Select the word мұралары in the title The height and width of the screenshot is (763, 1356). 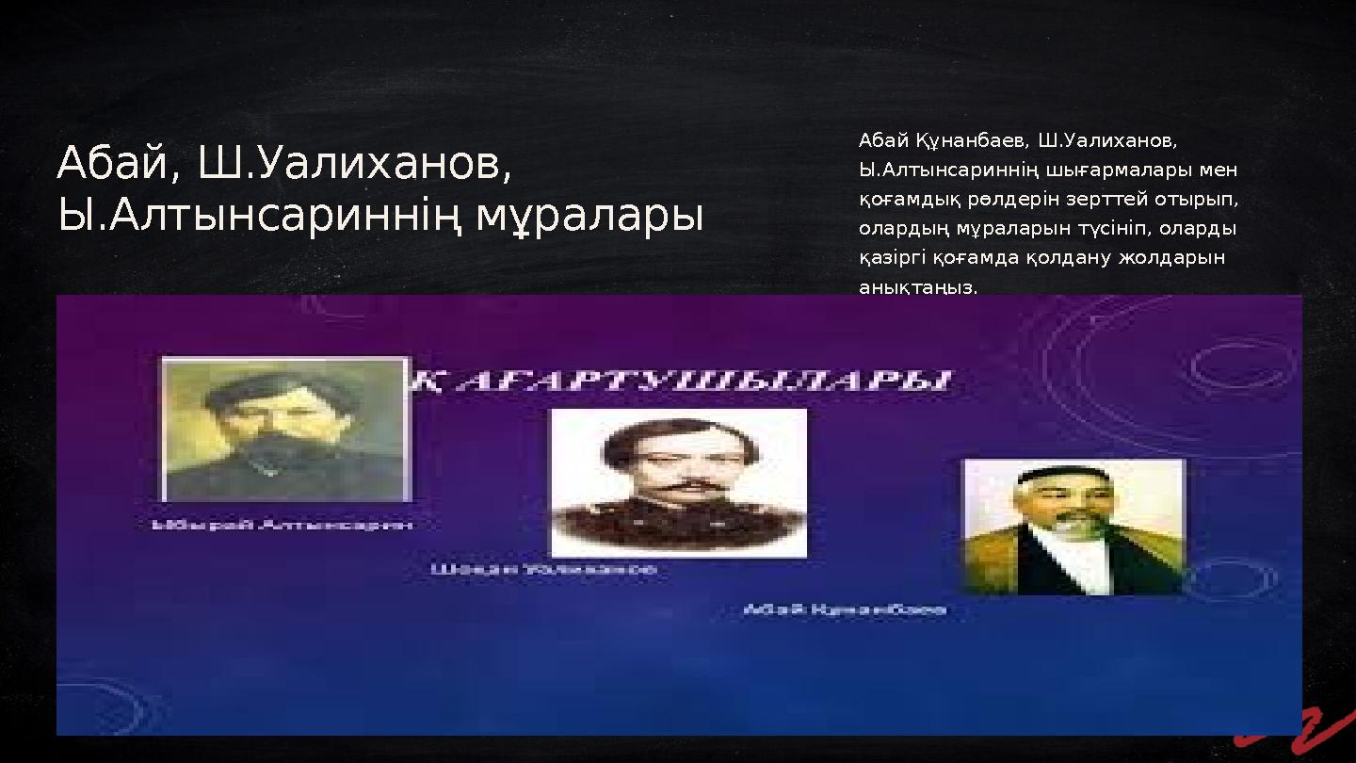click(589, 216)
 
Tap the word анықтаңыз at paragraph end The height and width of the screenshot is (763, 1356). click(918, 287)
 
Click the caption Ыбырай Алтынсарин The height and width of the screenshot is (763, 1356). click(282, 525)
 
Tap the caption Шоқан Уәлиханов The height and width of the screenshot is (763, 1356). click(544, 570)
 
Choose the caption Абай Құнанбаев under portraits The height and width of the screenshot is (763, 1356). click(845, 610)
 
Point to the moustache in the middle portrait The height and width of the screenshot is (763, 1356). click(678, 487)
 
